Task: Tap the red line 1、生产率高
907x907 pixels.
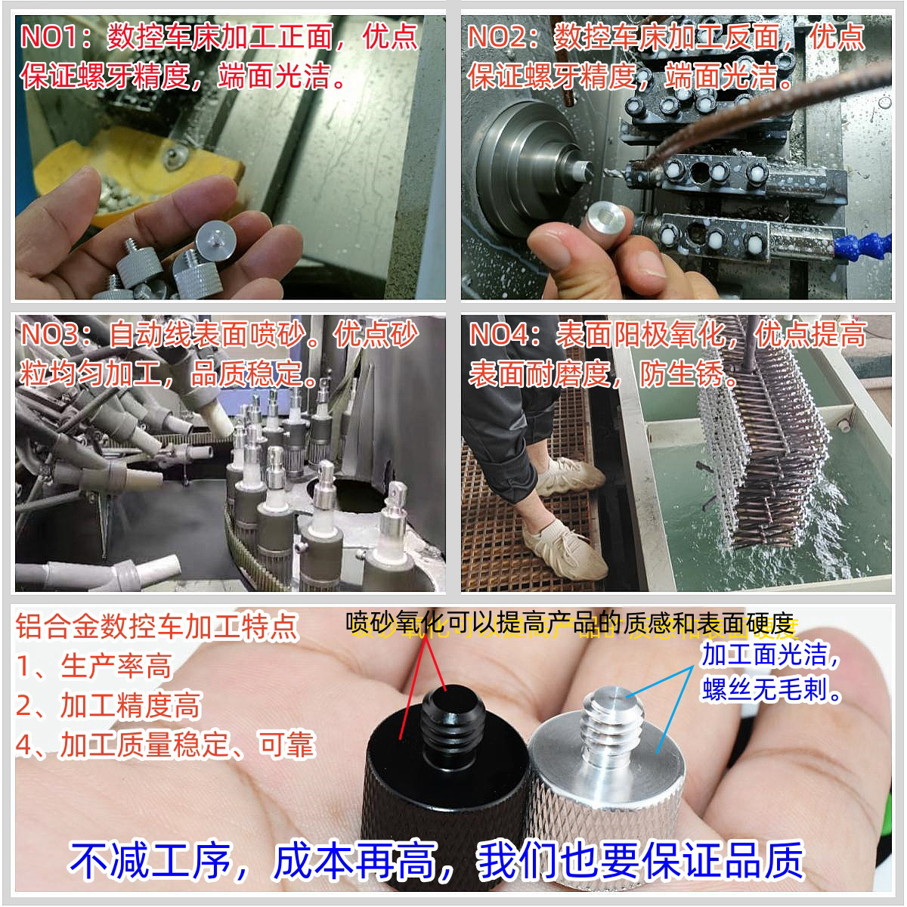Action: (94, 667)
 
